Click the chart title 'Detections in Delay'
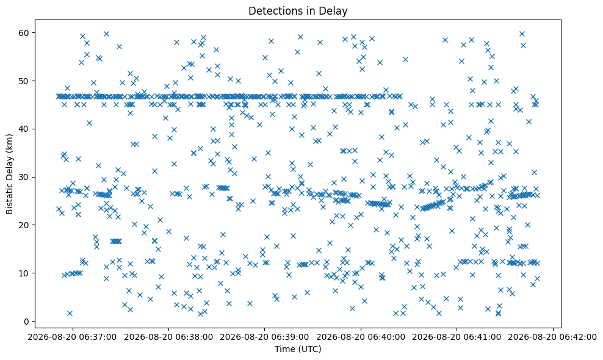298,11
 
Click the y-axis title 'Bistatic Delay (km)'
9,174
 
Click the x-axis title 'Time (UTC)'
298,349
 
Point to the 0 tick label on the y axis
26,321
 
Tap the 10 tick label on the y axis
23,273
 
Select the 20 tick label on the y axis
23,225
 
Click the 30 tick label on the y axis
23,177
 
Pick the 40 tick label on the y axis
23,129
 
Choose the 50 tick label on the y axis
23,81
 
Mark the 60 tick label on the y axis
23,33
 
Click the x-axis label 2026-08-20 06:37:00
72,337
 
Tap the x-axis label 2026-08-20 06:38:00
168,337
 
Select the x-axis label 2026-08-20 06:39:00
265,337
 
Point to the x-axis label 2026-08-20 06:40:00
361,337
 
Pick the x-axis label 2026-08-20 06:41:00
457,337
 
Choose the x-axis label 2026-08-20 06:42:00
553,337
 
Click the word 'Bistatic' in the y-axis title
9,198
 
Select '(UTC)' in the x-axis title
309,349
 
